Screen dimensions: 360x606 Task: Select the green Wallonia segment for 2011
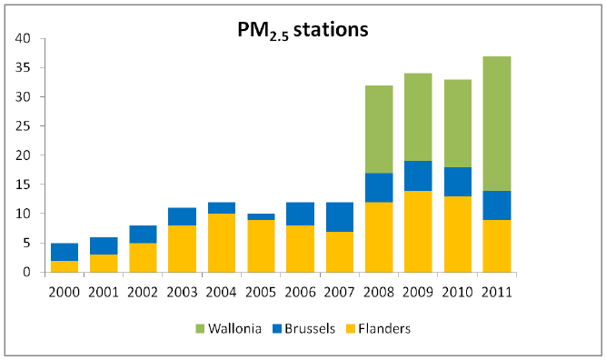[496, 124]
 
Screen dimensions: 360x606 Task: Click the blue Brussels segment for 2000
[64, 252]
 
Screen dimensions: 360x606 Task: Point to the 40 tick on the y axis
[24, 39]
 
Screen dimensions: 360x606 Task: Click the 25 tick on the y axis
[24, 126]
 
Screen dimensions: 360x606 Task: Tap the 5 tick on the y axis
[27, 243]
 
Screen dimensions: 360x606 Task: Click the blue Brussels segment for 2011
[496, 205]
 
